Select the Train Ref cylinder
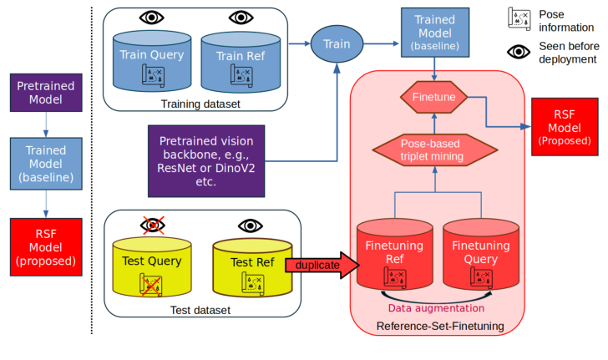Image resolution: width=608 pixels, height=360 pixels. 241,63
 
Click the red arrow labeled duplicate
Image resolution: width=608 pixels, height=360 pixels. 319,265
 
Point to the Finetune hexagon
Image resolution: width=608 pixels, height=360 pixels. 433,98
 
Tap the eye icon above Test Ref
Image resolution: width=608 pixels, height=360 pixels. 251,226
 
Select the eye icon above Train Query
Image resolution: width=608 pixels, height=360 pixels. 152,17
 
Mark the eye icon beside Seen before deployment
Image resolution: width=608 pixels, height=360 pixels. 519,52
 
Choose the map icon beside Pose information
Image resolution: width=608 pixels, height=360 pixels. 519,18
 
